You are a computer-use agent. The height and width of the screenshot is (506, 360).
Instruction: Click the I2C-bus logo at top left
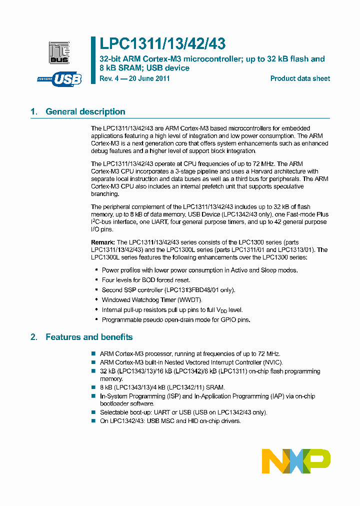[59, 52]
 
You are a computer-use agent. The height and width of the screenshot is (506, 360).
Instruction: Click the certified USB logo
[59, 79]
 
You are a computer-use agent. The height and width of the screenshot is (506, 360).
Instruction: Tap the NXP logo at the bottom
[296, 461]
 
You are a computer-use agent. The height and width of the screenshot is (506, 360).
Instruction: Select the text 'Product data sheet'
[300, 78]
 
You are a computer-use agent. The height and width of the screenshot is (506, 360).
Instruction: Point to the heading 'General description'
[85, 111]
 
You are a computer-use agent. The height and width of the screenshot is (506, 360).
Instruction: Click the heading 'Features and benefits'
[89, 337]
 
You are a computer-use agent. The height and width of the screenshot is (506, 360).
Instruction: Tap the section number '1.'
[34, 111]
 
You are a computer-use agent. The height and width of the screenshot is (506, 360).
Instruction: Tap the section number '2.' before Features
[34, 337]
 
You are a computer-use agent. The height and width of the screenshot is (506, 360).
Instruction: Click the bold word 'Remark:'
[103, 242]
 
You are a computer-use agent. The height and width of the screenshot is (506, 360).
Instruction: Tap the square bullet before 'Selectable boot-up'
[93, 412]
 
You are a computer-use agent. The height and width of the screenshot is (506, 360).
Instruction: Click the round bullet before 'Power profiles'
[95, 270]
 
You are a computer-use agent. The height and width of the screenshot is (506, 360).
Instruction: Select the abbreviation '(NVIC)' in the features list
[270, 362]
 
